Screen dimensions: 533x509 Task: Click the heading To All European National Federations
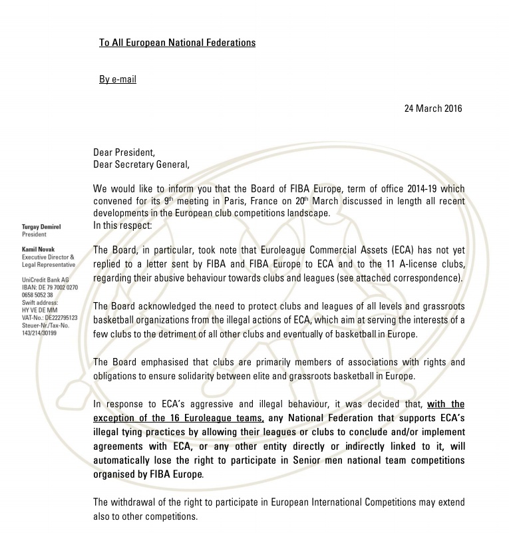pos(177,43)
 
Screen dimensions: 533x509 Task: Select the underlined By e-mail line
pos(118,79)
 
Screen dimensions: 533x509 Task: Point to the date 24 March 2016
pos(433,108)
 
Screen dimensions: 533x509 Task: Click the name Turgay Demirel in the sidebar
pos(41,227)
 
